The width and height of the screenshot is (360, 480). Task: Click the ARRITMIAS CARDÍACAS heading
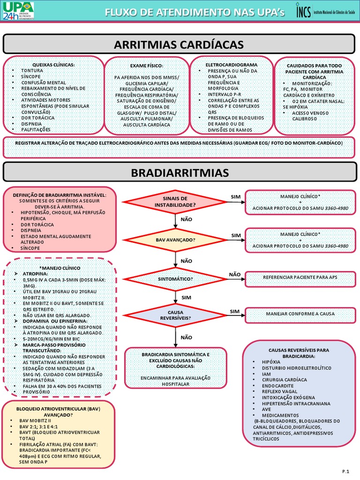coord(179,45)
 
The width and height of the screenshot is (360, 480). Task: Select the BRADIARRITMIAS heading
coord(180,173)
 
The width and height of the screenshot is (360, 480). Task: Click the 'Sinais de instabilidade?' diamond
coord(174,202)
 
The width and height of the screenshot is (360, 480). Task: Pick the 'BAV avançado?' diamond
coord(175,240)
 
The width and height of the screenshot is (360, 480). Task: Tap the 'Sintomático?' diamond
coord(175,278)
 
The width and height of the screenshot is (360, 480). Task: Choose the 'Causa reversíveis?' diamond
coord(175,314)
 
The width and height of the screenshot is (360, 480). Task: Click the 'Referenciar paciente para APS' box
coord(300,277)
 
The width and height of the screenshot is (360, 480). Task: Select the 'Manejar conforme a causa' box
coord(300,314)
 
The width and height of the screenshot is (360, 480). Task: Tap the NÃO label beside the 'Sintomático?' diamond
coord(235,274)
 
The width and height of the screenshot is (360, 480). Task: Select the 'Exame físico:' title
coord(147,66)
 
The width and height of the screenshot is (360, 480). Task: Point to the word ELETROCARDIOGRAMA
coord(232,64)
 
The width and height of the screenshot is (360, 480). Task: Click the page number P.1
coord(346,470)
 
